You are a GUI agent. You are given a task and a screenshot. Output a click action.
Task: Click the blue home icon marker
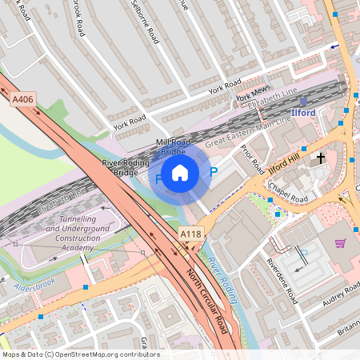(180, 173)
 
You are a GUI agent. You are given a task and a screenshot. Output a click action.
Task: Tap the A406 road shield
(23, 99)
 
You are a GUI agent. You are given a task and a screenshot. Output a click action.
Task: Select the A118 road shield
(190, 233)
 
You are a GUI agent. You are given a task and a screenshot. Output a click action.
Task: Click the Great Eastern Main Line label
(239, 137)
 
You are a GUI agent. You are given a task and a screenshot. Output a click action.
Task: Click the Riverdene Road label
(282, 281)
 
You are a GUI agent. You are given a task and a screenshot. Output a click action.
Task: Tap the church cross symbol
(321, 158)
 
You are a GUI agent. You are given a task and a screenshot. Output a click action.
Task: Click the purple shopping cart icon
(340, 243)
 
